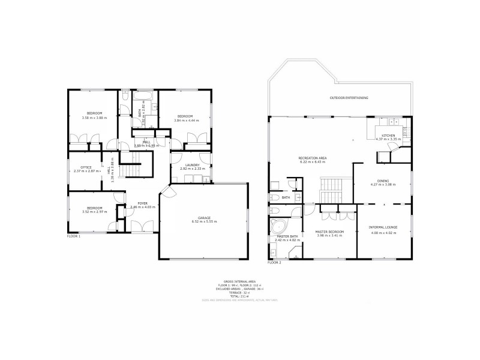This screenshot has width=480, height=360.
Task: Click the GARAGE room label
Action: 204,218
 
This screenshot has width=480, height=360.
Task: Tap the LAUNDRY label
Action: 193,164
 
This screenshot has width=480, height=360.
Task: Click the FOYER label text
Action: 142,203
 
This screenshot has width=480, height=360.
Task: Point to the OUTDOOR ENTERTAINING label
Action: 349,97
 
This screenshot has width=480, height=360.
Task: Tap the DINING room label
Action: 383,181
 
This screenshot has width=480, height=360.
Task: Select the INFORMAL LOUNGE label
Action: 382,227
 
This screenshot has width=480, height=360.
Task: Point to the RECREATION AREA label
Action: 311,158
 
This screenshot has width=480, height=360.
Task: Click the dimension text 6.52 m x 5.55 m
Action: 204,222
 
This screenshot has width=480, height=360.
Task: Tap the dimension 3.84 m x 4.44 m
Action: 184,120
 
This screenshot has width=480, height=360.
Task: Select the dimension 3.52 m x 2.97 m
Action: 94,212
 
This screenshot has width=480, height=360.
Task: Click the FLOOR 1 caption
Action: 73,236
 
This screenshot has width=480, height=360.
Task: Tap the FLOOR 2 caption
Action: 274,263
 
